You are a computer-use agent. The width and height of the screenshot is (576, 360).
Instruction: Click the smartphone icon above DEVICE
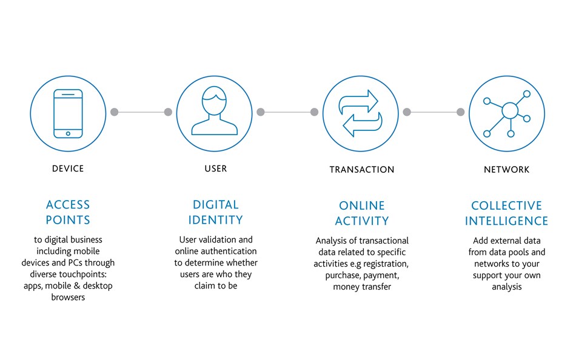click(x=68, y=113)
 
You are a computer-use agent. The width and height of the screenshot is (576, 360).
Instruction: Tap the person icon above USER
click(x=215, y=110)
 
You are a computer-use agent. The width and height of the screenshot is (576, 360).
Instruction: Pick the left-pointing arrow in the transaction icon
click(x=363, y=124)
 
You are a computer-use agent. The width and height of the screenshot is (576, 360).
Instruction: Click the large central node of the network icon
click(x=510, y=110)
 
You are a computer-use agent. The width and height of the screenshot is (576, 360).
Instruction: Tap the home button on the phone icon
click(x=68, y=133)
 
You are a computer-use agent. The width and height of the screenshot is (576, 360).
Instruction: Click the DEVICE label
click(x=68, y=168)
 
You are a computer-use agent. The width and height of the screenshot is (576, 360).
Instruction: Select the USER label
click(x=216, y=168)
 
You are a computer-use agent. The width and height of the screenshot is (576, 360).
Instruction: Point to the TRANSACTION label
click(x=362, y=169)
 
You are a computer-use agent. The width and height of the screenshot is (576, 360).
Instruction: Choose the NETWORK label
click(x=506, y=169)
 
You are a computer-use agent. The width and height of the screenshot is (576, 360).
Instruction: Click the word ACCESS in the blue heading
click(x=68, y=205)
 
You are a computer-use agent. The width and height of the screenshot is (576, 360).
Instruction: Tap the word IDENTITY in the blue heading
click(x=216, y=220)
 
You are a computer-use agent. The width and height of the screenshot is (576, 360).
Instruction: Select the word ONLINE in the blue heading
click(x=362, y=205)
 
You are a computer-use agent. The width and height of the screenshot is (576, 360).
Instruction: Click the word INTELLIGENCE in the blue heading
click(x=506, y=221)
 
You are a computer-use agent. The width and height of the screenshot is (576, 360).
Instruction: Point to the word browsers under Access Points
click(x=68, y=297)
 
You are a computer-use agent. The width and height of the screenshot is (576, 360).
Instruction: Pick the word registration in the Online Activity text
click(x=385, y=264)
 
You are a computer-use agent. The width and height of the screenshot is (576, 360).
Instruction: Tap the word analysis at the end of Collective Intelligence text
click(x=506, y=287)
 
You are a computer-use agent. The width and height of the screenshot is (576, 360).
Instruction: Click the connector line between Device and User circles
click(x=141, y=112)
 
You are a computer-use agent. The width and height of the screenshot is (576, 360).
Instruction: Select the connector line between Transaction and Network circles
click(x=434, y=112)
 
